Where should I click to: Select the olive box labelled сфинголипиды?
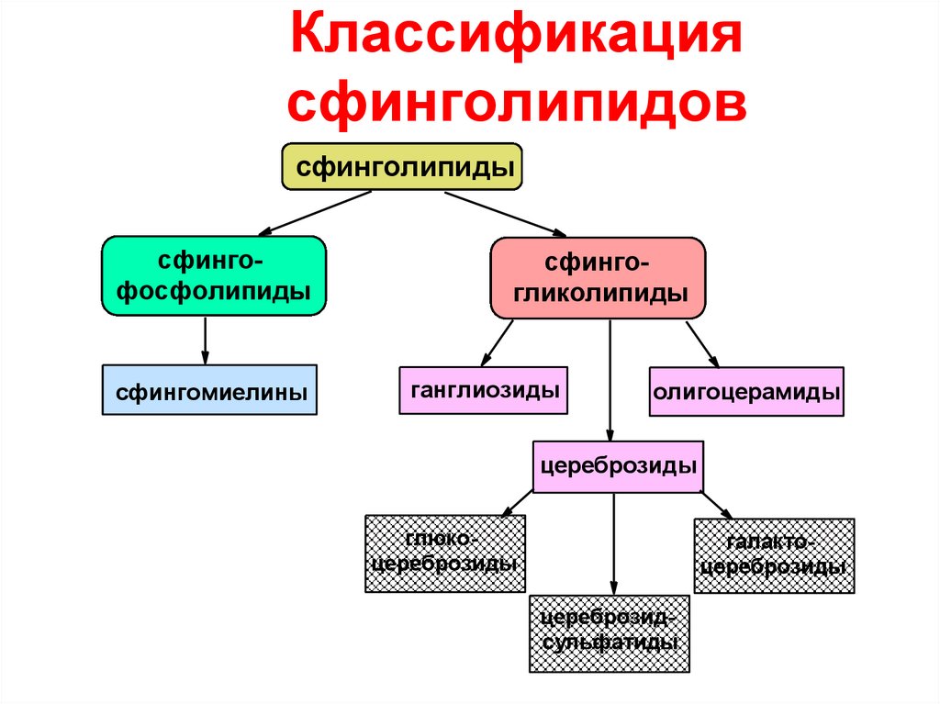click(x=402, y=167)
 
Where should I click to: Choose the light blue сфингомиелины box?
click(x=209, y=389)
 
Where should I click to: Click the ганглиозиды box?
click(x=483, y=389)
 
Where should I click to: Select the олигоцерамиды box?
click(x=746, y=392)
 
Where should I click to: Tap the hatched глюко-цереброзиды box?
click(x=445, y=553)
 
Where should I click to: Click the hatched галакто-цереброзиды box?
click(x=774, y=556)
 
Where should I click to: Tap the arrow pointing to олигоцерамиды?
click(x=701, y=343)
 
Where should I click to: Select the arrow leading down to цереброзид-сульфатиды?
click(x=613, y=542)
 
